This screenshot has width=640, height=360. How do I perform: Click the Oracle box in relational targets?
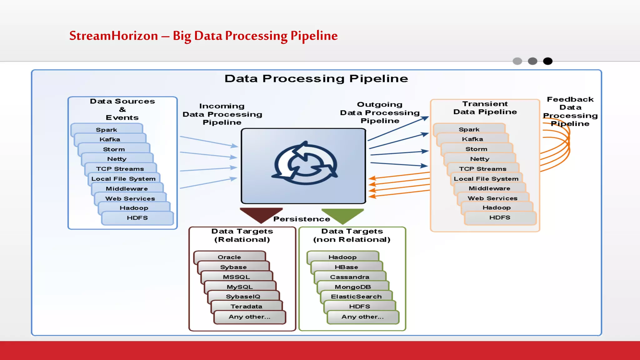(229, 257)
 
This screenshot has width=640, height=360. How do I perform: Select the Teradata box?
(246, 306)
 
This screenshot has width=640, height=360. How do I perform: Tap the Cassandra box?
(349, 277)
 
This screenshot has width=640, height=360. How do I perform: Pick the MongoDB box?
(353, 287)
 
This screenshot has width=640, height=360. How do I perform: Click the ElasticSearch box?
(356, 296)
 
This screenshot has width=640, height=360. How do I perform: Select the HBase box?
(346, 267)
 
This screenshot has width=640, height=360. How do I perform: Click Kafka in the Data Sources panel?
(110, 139)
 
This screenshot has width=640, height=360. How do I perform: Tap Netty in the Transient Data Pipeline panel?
(480, 159)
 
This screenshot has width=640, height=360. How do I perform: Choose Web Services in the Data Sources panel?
(130, 198)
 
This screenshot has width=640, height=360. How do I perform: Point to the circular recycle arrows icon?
(304, 164)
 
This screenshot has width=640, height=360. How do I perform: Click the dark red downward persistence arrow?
(261, 214)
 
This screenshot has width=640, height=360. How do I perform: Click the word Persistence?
(302, 219)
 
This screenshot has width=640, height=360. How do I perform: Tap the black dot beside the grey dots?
(547, 61)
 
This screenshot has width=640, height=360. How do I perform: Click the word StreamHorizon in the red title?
(113, 36)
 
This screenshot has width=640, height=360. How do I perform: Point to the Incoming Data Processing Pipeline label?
(222, 114)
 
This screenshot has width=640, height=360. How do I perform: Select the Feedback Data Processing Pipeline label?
(570, 111)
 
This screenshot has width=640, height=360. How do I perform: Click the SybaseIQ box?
(243, 296)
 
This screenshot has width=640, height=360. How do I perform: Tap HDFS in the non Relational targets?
(359, 306)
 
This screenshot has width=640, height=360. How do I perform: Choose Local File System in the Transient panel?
(486, 179)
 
